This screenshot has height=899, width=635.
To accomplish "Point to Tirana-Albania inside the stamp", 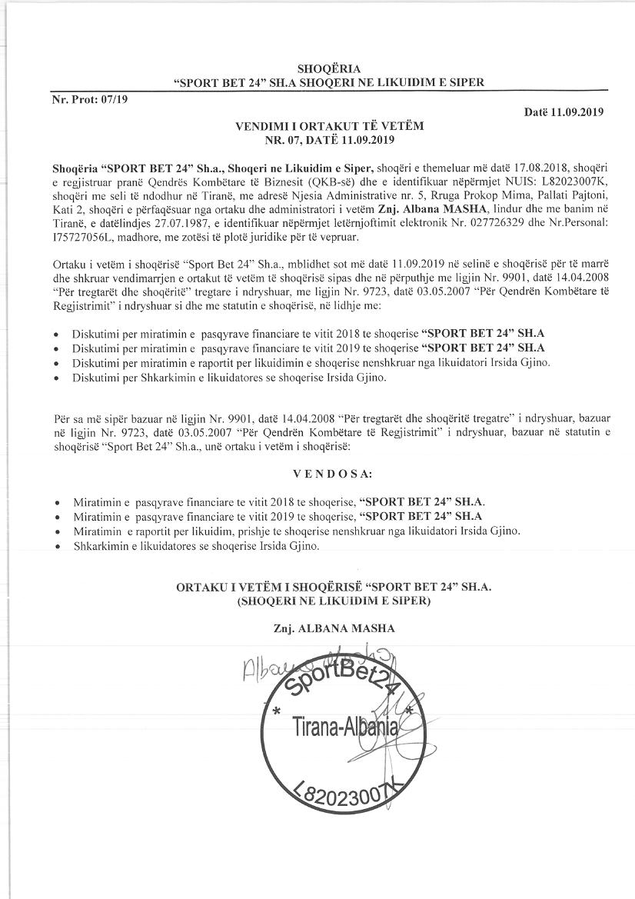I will (x=344, y=728).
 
